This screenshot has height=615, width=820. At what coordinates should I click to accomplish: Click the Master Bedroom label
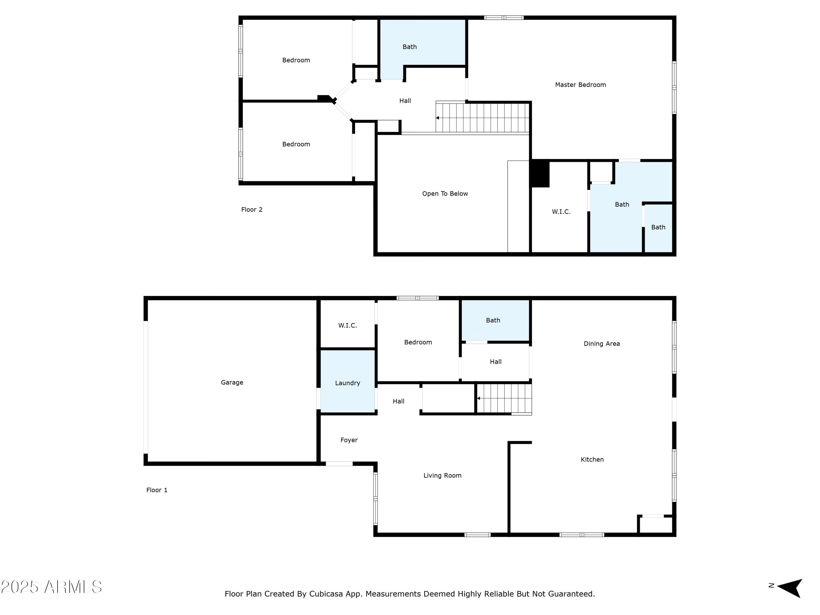[580, 85]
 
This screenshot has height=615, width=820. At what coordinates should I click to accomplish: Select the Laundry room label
[347, 383]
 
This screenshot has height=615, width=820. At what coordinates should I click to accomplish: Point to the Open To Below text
[445, 194]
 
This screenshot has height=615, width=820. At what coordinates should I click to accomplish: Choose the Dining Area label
[602, 344]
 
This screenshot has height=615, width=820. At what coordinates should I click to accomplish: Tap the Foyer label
[349, 440]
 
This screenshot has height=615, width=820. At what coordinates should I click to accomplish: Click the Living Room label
[442, 475]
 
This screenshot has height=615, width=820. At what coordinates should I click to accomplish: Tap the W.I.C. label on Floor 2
[561, 212]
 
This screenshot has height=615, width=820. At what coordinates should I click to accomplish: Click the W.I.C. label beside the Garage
[347, 326]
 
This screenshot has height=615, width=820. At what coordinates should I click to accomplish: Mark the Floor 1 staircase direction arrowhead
[479, 398]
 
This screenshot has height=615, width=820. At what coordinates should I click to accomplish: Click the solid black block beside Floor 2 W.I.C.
[540, 174]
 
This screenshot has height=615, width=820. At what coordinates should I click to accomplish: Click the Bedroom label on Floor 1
[418, 342]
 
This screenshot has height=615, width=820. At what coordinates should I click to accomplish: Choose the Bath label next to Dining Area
[493, 320]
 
